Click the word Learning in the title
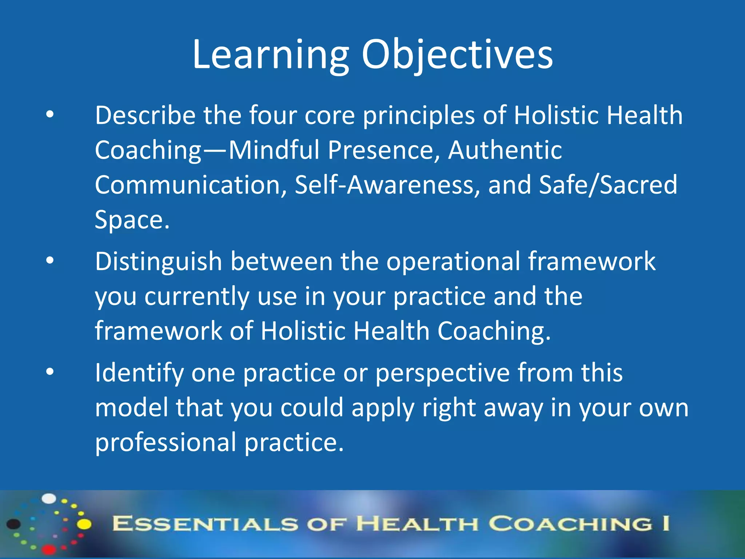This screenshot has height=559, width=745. [271, 55]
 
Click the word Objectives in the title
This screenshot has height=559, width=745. [457, 55]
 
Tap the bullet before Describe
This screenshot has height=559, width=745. [50, 115]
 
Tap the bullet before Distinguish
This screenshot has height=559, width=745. [50, 261]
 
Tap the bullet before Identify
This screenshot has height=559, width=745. [50, 372]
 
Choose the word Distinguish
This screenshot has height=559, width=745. [158, 262]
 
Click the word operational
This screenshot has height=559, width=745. [453, 262]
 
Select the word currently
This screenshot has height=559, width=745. [196, 296]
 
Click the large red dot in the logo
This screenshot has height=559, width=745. [49, 549]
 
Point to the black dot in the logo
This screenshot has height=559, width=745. [14, 524]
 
